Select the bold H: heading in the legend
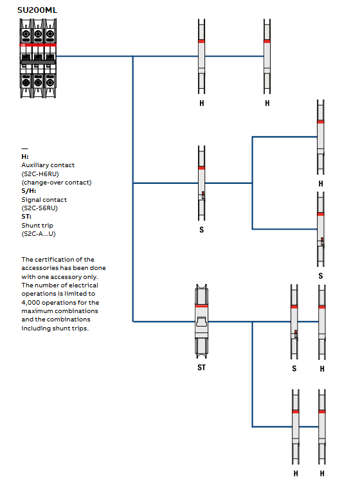(25, 156)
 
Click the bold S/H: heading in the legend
(28, 191)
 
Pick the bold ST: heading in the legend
(26, 217)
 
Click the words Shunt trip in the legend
(37, 226)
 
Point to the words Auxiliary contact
(48, 165)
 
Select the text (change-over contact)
(56, 183)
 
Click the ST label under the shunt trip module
(201, 368)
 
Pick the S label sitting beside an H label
(294, 369)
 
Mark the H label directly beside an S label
(322, 369)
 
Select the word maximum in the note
(37, 311)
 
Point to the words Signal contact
(44, 200)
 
